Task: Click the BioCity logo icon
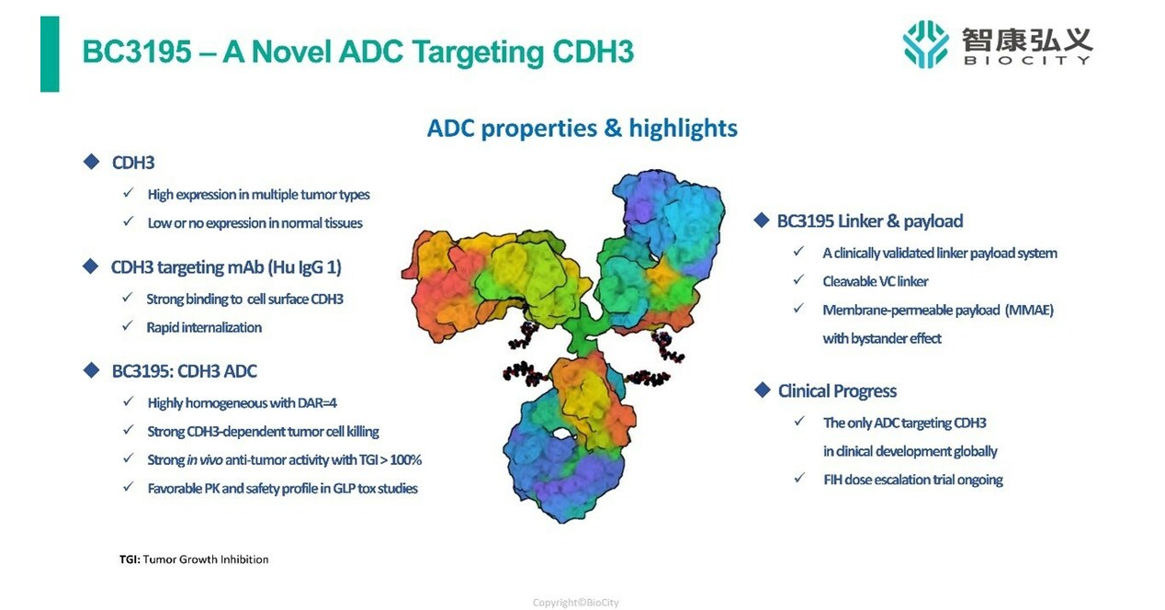pos(925,43)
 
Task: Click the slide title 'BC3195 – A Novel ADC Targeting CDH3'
pos(357,52)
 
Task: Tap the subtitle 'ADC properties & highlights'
pos(582,128)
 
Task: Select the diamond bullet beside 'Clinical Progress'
pos(761,390)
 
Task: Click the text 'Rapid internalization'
pos(204,327)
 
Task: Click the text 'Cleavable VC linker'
pos(875,281)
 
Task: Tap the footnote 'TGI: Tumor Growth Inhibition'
pos(194,559)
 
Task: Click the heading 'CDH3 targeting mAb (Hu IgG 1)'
pos(226,267)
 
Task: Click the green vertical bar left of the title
pos(50,53)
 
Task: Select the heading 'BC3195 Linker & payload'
pos(869,220)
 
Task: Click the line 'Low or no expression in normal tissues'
pos(254,223)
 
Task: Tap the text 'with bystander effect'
pos(881,338)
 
